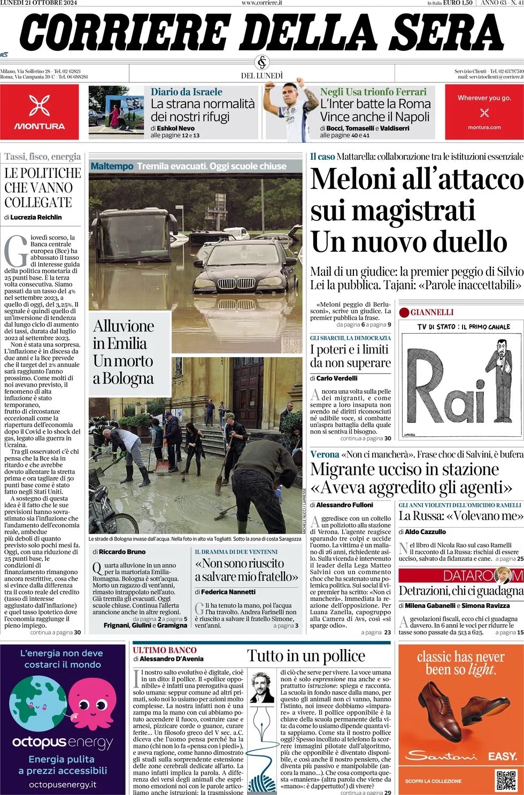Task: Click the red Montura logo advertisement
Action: point(40,112)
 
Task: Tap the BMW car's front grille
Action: point(238,283)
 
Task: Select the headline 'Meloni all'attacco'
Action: point(417,179)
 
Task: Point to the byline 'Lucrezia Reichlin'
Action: point(36,217)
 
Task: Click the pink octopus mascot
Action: point(91,705)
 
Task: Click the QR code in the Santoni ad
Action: point(505,780)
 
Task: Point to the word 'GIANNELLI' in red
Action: point(431,312)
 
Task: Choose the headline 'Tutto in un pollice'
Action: point(306,656)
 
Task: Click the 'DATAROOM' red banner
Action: point(460,575)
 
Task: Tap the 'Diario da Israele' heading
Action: point(186,92)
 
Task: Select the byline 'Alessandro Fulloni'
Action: point(344,505)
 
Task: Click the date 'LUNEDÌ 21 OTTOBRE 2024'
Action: point(38,3)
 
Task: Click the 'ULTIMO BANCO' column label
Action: point(157,650)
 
